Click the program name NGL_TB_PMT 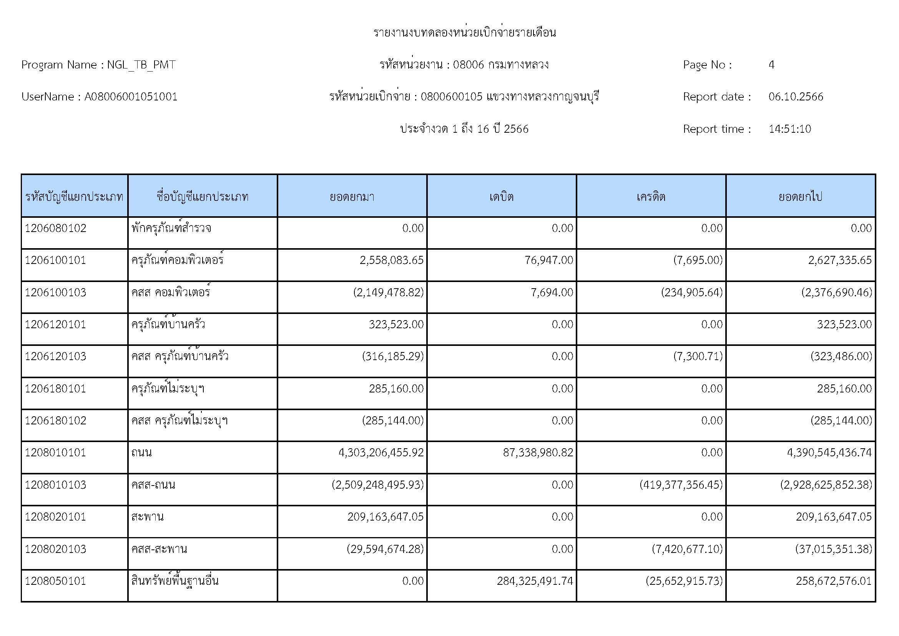[141, 65]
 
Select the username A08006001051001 [131, 97]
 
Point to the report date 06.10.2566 [796, 97]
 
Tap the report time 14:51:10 [789, 129]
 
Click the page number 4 [771, 65]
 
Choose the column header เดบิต [501, 196]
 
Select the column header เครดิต [651, 196]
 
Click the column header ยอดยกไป [800, 196]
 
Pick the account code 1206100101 [55, 260]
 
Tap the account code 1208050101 [55, 581]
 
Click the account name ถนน [141, 452]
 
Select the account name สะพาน [147, 517]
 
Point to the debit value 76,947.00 [548, 260]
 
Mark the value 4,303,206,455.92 [381, 452]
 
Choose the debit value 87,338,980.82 [538, 452]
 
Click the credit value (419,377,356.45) [681, 485]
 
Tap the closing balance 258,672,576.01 [834, 581]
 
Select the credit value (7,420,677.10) [687, 549]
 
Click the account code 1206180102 [55, 421]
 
